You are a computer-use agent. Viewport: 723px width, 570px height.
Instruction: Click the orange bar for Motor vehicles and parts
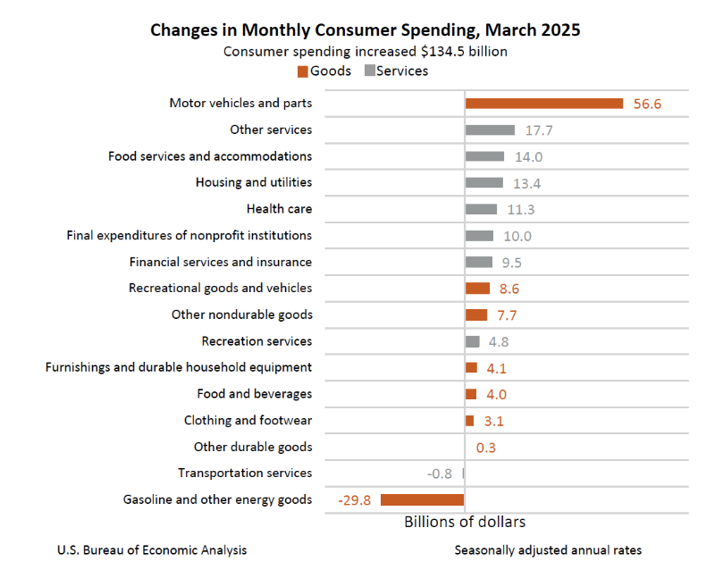543,104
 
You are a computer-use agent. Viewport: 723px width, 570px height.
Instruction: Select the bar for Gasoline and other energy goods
423,499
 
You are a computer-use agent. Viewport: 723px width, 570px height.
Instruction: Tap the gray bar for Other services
490,130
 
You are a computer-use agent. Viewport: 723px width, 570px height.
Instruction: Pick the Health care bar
481,209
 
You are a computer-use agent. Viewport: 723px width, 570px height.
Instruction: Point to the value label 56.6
647,104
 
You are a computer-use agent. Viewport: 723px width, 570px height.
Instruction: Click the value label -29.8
355,499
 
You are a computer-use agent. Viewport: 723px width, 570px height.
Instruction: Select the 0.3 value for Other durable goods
486,447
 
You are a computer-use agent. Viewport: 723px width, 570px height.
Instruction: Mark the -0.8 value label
441,474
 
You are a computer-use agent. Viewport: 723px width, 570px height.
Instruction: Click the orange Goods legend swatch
303,71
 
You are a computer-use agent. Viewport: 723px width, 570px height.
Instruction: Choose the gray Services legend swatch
368,71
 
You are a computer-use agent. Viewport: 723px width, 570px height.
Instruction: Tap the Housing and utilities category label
254,182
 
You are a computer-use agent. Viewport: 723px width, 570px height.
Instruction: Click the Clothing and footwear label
248,420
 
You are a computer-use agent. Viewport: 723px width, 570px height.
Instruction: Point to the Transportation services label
245,474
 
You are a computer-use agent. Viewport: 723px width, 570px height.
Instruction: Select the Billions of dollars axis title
465,522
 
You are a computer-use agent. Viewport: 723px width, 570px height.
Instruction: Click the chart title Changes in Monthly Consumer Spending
365,29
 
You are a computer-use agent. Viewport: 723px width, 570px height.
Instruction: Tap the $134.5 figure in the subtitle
443,51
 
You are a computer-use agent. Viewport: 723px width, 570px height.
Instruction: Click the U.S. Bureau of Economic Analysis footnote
152,549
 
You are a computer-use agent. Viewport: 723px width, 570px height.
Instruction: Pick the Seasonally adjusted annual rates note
548,549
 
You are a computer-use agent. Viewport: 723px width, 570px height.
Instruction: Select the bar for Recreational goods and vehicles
477,289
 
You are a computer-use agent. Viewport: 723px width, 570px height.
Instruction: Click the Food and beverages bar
471,394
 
